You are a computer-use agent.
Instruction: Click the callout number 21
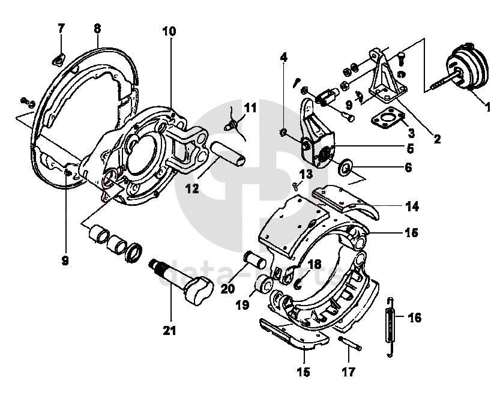pos(170,329)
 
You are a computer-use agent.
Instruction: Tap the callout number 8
pos(97,28)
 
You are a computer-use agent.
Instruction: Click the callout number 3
pos(411,133)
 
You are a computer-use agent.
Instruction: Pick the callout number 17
pos(349,372)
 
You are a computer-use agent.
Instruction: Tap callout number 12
pos(192,188)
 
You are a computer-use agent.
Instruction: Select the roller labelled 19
pos(263,286)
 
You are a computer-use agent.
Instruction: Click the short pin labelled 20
pos(258,262)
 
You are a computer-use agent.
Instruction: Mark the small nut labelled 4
pos(283,131)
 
